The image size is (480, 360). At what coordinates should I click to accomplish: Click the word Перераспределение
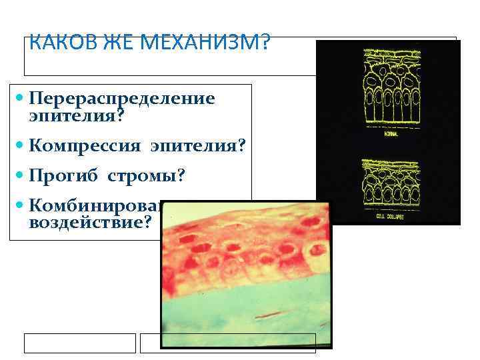pyautogui.click(x=122, y=99)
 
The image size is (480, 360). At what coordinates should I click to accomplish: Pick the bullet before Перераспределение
pyautogui.click(x=19, y=99)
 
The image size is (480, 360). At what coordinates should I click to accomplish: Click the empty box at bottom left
pyautogui.click(x=79, y=343)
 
